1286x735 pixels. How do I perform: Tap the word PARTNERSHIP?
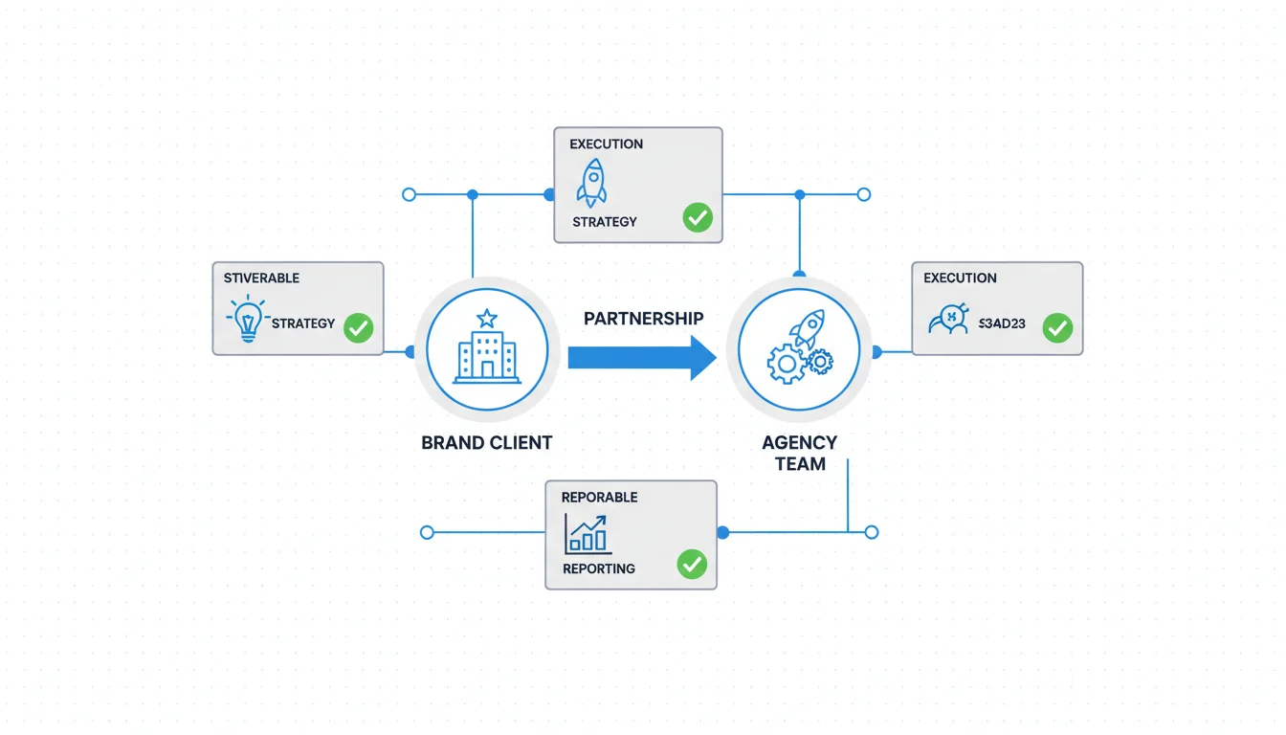tap(643, 318)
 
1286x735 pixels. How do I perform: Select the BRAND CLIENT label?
tap(486, 443)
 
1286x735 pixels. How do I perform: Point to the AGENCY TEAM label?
tap(799, 453)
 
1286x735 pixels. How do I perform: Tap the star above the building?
tap(487, 317)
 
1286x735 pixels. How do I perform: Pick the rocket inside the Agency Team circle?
tap(808, 327)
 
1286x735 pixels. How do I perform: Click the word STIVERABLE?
tap(261, 278)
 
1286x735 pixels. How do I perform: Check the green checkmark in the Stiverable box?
tap(358, 328)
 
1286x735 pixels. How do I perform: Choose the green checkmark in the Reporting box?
tap(691, 564)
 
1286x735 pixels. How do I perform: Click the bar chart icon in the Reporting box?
tap(587, 534)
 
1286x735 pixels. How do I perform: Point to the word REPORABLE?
tap(599, 498)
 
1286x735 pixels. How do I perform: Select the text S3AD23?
tap(1002, 324)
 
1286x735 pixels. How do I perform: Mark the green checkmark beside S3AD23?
tap(1056, 328)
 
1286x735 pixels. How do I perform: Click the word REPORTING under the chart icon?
tap(598, 569)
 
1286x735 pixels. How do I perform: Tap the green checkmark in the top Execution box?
tap(698, 218)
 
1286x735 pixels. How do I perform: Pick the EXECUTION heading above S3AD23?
tap(960, 278)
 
